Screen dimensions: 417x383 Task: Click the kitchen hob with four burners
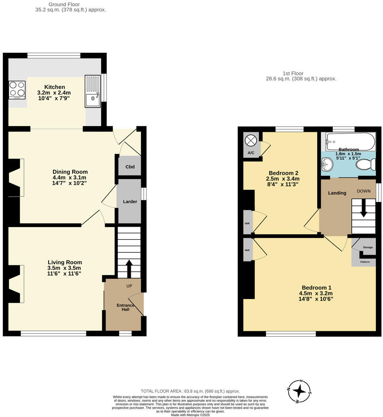(x=17, y=90)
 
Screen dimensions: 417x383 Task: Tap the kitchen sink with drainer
(x=93, y=92)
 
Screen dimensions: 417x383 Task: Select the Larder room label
(x=130, y=202)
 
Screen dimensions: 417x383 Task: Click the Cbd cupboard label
(x=130, y=167)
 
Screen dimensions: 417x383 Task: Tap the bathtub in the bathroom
(x=351, y=141)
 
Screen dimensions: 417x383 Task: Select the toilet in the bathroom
(x=366, y=164)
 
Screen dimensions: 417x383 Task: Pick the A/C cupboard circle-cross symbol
(x=251, y=141)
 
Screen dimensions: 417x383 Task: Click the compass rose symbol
(x=300, y=391)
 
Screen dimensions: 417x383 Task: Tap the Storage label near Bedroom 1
(x=368, y=247)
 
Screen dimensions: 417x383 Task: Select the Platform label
(x=364, y=262)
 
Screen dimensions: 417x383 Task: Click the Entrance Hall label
(x=125, y=308)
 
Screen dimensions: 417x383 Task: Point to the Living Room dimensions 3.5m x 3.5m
(x=64, y=268)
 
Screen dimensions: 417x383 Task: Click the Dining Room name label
(x=70, y=172)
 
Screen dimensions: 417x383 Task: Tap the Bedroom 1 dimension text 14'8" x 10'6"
(x=315, y=299)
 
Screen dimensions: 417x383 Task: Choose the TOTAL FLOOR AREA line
(x=190, y=391)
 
